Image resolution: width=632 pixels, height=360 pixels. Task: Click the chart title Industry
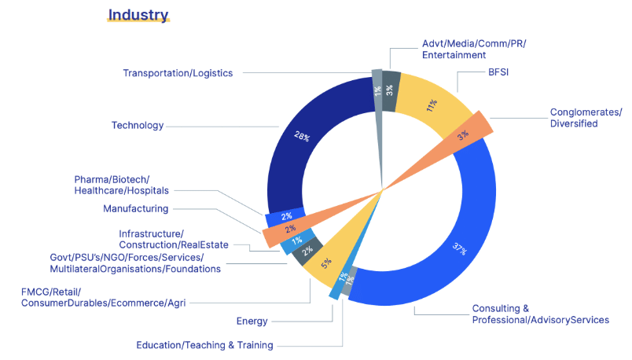pos(138,15)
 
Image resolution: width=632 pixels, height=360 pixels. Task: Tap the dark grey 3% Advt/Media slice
pos(391,83)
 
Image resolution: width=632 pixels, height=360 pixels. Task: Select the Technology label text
pos(138,125)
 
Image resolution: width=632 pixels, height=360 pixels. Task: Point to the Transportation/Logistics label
pos(178,73)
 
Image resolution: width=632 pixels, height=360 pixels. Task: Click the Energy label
pos(252,321)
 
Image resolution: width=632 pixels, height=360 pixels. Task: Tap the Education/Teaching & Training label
pos(204,345)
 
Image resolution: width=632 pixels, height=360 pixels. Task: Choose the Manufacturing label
pos(135,208)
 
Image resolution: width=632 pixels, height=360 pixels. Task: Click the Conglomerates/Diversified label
pos(586,118)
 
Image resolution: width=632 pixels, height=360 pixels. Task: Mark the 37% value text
pos(460,249)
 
